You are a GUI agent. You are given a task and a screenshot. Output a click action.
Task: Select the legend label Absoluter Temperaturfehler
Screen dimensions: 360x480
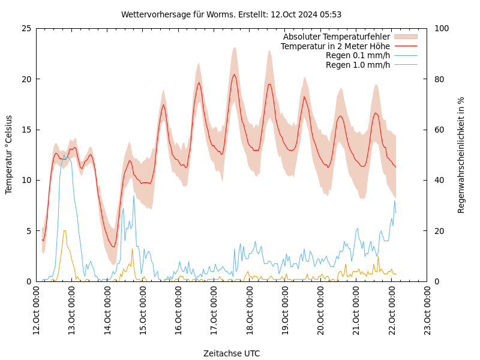click(x=336, y=37)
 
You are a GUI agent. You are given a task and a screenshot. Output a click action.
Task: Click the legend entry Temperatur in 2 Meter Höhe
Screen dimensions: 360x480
click(x=335, y=46)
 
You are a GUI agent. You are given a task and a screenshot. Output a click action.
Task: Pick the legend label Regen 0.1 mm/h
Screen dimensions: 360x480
click(x=358, y=56)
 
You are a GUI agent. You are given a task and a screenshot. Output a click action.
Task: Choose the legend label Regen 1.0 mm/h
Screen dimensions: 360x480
click(x=358, y=65)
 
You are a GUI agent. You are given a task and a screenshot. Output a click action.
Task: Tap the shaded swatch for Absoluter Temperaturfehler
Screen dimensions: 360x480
click(x=405, y=37)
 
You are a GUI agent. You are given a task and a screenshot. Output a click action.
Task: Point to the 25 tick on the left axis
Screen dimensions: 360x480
click(x=27, y=28)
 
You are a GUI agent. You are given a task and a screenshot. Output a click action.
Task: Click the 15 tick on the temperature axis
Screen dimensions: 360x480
click(x=27, y=130)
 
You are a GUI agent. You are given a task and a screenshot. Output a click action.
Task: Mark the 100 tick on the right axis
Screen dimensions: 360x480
click(x=440, y=28)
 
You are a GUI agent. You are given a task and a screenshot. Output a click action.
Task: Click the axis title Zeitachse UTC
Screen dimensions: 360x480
click(x=232, y=353)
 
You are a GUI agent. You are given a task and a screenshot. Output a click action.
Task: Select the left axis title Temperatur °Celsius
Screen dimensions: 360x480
click(x=9, y=155)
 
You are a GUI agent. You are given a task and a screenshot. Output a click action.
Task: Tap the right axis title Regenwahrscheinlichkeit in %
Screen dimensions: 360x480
click(x=461, y=155)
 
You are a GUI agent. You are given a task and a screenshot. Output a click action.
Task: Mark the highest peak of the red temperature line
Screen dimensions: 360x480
click(x=235, y=74)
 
